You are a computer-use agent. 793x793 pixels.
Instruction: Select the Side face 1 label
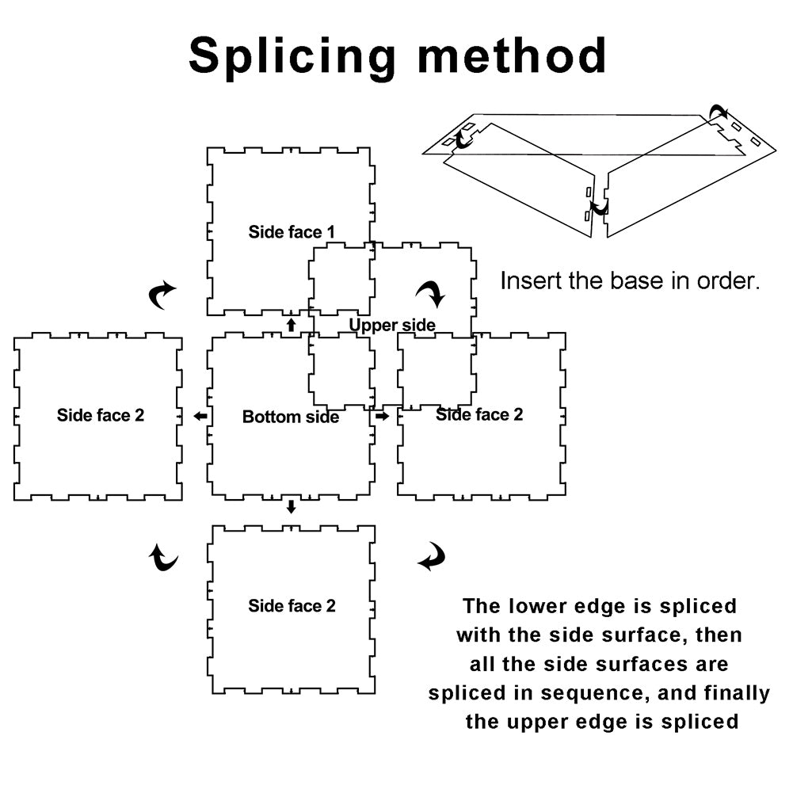click(292, 232)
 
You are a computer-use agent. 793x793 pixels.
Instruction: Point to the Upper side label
click(392, 325)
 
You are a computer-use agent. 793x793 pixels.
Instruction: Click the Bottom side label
click(291, 417)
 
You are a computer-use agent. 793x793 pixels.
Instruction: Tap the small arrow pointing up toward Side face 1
click(291, 323)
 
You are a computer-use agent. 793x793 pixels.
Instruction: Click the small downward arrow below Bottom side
click(291, 507)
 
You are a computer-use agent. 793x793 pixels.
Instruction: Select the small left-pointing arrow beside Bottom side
click(201, 416)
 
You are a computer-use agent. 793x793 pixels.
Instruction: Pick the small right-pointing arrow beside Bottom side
click(382, 416)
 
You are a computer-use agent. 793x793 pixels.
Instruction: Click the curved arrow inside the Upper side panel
click(432, 295)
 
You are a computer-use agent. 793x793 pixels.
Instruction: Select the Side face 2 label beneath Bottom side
click(292, 606)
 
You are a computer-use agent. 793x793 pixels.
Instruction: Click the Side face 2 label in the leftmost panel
click(101, 415)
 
